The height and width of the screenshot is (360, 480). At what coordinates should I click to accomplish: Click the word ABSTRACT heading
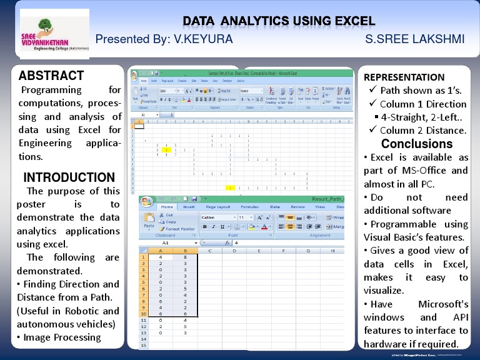pyautogui.click(x=51, y=76)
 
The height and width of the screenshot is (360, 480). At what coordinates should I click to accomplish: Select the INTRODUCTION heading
pyautogui.click(x=69, y=177)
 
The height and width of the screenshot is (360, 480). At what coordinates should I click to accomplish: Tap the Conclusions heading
pyautogui.click(x=417, y=144)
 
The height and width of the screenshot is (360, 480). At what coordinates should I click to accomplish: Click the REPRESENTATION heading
pyautogui.click(x=404, y=77)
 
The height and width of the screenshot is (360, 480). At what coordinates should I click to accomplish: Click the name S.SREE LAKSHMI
pyautogui.click(x=414, y=39)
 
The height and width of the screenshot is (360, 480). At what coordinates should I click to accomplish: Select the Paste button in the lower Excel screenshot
pyautogui.click(x=149, y=222)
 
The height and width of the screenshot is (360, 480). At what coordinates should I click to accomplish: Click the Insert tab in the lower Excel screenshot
pyautogui.click(x=189, y=207)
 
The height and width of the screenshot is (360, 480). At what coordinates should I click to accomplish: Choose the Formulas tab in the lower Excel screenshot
pyautogui.click(x=249, y=207)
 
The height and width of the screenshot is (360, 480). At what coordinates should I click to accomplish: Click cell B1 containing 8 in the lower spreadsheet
pyautogui.click(x=186, y=257)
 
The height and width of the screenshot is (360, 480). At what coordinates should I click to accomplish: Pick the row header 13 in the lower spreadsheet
pyautogui.click(x=143, y=332)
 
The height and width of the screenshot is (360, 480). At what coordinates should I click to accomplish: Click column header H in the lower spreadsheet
pyautogui.click(x=332, y=250)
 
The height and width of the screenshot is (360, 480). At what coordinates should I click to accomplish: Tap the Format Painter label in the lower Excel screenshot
pyautogui.click(x=181, y=229)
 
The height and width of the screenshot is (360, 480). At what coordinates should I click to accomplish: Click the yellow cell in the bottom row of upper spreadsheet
pyautogui.click(x=231, y=187)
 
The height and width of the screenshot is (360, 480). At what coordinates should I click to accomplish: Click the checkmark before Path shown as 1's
pyautogui.click(x=373, y=91)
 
